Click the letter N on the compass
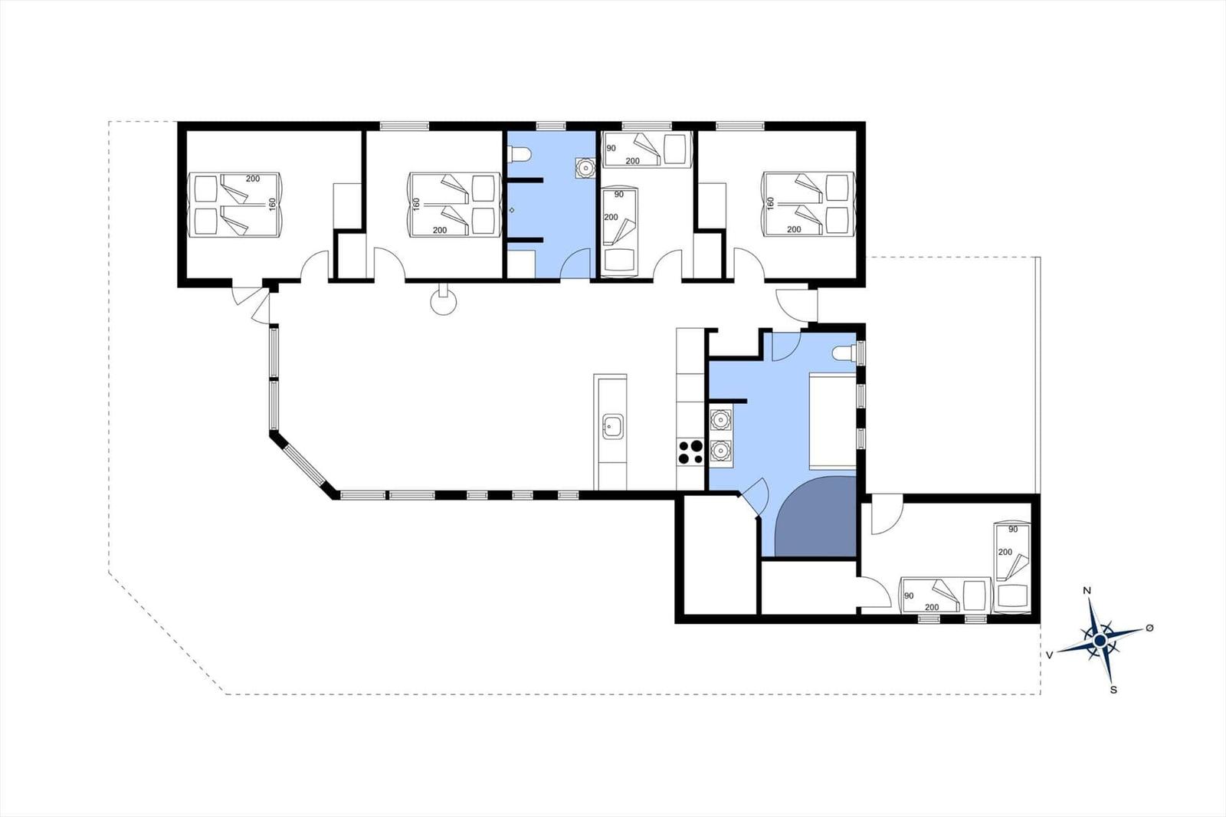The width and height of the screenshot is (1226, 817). pos(1087,590)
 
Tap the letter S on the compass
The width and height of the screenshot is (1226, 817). pos(1113,690)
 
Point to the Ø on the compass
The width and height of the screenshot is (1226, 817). pos(1149,628)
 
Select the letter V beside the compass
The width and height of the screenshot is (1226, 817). pos(1050,655)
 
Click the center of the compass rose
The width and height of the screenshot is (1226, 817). pos(1100,640)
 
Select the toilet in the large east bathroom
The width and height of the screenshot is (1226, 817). pos(844,354)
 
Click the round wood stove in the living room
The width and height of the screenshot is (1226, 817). pos(444,301)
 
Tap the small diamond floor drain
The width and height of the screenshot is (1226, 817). pos(512,210)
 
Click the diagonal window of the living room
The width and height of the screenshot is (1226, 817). pos(304,464)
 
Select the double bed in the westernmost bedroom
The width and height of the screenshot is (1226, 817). pos(235,205)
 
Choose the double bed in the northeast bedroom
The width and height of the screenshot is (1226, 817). pos(808,205)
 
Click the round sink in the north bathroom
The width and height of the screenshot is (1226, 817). pos(585,168)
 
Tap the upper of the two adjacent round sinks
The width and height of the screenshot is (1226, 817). pos(721,420)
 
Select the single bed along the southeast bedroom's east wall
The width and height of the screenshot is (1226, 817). pos(1012,566)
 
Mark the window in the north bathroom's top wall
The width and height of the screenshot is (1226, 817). pos(551,126)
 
